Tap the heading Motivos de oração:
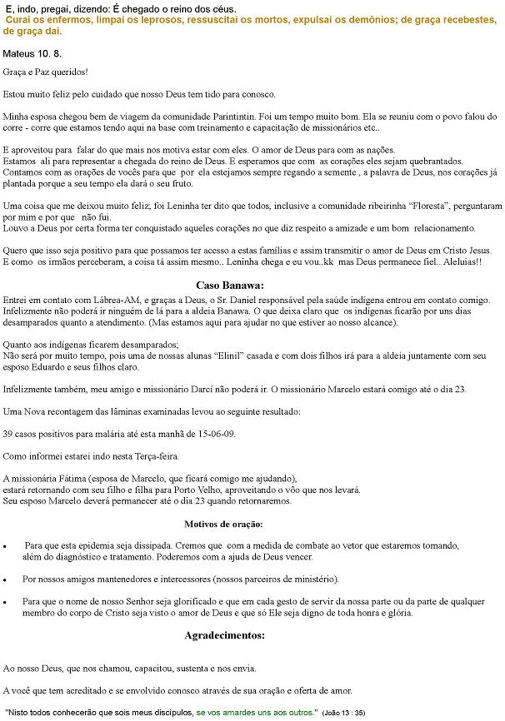tap(223, 524)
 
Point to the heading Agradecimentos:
tap(224, 634)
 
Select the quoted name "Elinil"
tap(228, 355)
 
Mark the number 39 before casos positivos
tap(8, 435)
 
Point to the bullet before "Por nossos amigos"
tap(7, 579)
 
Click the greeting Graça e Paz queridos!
tap(46, 73)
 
